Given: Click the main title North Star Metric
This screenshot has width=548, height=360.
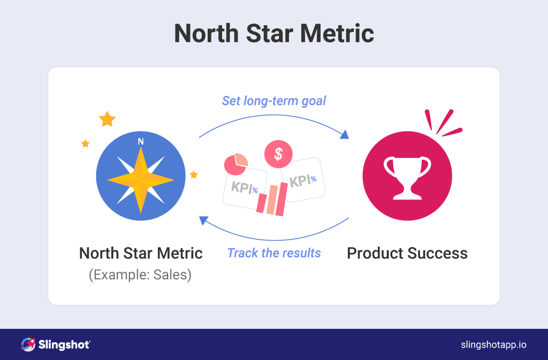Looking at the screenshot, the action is tap(274, 34).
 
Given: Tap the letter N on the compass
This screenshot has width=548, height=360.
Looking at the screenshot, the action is tap(141, 141).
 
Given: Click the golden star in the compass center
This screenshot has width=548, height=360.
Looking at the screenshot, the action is tap(141, 180).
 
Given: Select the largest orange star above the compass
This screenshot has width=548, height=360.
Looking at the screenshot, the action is tap(107, 119).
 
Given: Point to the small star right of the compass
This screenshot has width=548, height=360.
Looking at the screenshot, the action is tap(194, 174).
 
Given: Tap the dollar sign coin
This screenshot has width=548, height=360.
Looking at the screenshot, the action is tap(278, 154).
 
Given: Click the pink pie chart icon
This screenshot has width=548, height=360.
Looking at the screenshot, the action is tap(236, 164).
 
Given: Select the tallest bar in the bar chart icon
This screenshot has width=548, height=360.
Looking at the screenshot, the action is tap(281, 199).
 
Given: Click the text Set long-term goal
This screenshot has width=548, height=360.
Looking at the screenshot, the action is tap(274, 101).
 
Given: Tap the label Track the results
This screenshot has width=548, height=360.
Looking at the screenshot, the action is tap(274, 253).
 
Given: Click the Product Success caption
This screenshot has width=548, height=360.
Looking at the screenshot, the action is tap(407, 253).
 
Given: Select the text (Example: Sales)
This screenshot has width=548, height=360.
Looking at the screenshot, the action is tap(140, 275).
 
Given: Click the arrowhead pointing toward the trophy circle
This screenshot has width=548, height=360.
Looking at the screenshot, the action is tap(345, 134).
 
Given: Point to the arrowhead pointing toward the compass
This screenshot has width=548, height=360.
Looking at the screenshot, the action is tap(203, 220).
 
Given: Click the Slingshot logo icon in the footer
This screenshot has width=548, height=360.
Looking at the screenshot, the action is tap(28, 344).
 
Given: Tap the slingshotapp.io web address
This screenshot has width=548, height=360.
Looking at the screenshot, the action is tap(493, 344).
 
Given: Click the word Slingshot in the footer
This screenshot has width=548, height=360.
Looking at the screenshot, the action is tap(64, 345).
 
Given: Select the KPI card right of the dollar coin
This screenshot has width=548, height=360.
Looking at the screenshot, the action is tap(303, 180).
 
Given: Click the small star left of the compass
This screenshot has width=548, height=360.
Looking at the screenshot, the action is tap(85, 143).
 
